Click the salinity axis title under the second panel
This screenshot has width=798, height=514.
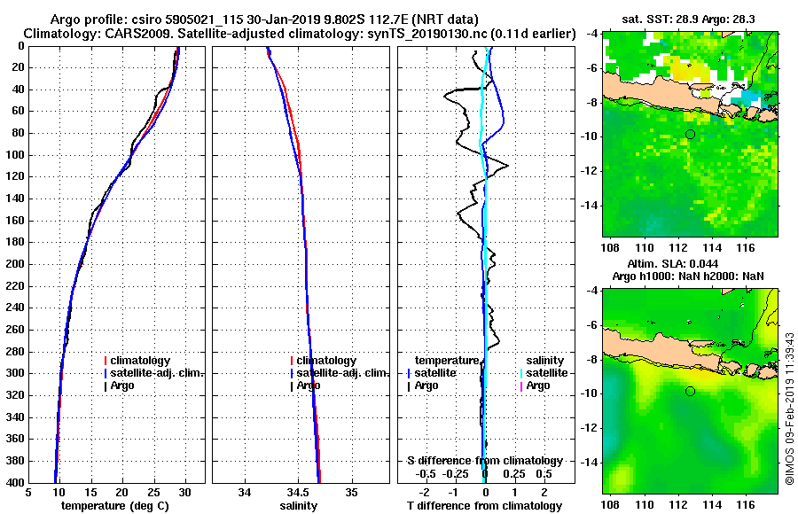pos(299,506)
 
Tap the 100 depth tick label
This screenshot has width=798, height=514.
pos(13,155)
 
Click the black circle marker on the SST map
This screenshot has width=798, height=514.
pos(690,134)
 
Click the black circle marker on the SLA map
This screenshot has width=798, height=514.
pos(690,391)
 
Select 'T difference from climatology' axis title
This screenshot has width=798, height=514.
pos(484,506)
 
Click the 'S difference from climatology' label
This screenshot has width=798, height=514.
pos(484,461)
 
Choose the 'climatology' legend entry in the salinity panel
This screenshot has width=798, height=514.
pos(326,361)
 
